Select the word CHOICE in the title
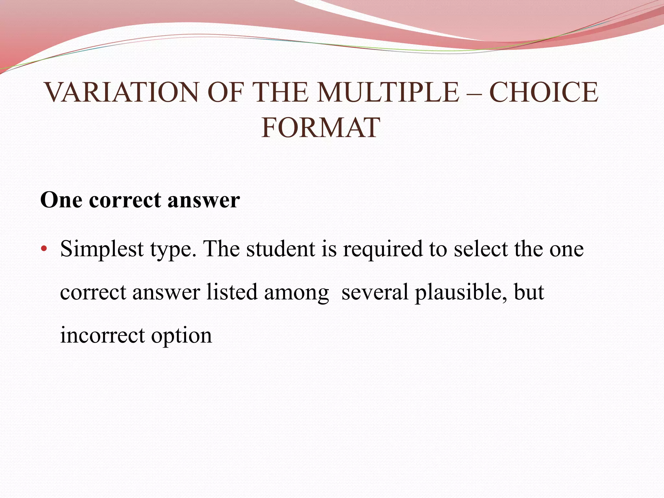pos(543,92)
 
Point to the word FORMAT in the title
pos(320,128)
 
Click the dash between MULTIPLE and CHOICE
pos(474,93)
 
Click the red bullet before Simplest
pos(44,249)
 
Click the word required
pos(383,249)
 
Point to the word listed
pos(232,292)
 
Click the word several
pos(375,292)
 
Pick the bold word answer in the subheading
pos(204,200)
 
